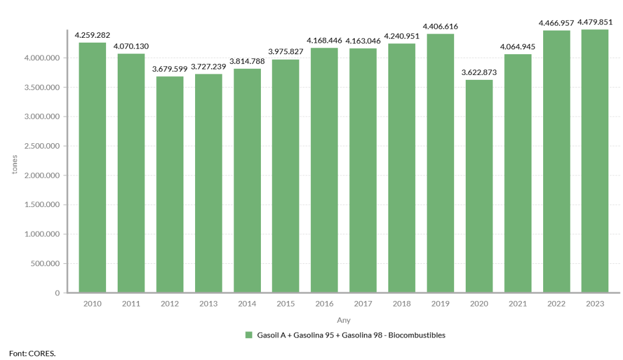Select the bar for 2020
(x=479, y=186)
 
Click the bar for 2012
(x=169, y=184)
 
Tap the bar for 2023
(x=595, y=161)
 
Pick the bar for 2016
(x=324, y=170)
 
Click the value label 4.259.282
(x=93, y=35)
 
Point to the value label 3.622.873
(x=479, y=72)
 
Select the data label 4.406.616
(x=440, y=26)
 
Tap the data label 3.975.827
(x=286, y=51)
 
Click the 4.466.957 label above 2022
(x=556, y=23)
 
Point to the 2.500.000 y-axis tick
(x=43, y=146)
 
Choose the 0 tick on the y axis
(x=57, y=293)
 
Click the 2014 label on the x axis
(x=247, y=303)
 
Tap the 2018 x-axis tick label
(x=402, y=303)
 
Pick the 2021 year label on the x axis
(x=518, y=303)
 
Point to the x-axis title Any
(x=344, y=320)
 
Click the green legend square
(x=249, y=335)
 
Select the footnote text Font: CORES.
(x=32, y=353)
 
